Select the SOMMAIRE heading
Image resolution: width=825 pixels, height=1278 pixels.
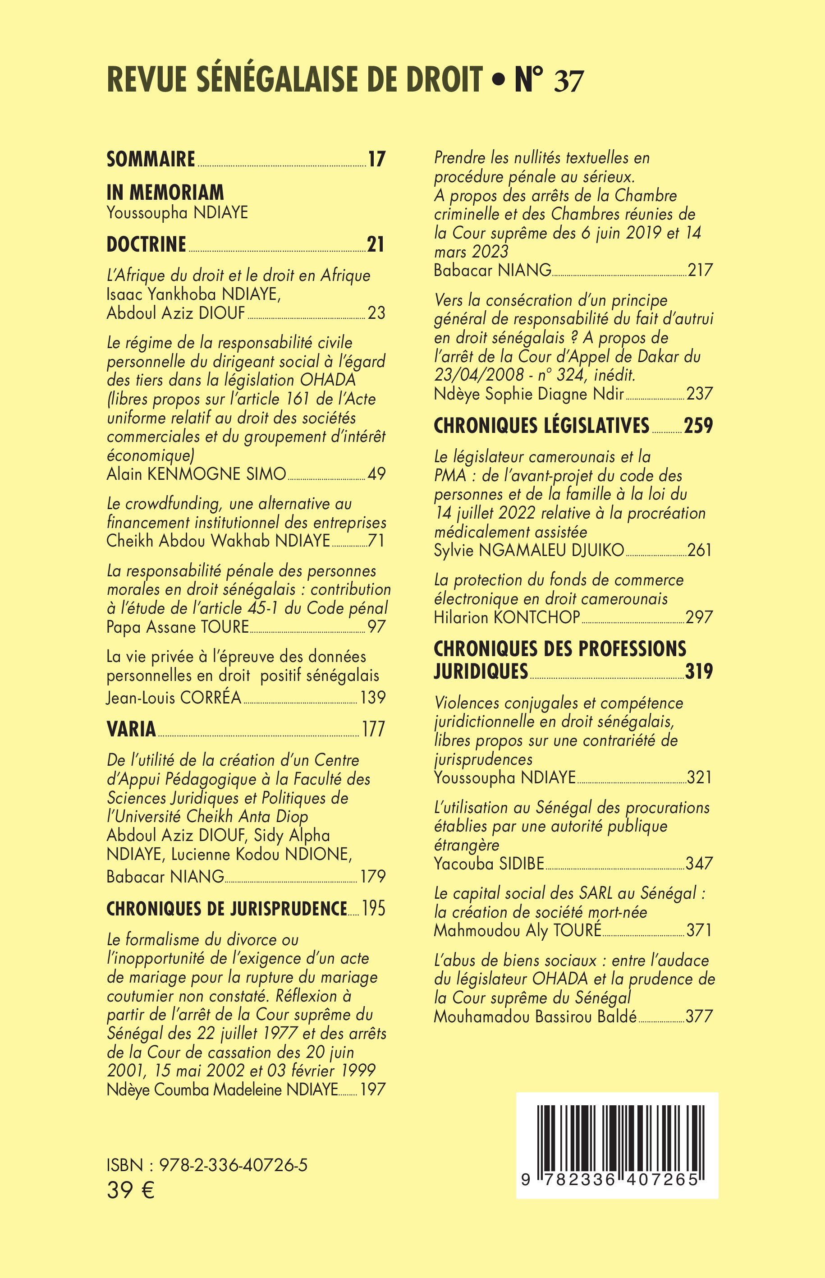coord(151,159)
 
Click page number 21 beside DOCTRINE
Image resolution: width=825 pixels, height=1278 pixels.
coord(376,244)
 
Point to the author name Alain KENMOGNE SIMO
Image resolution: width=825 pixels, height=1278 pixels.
coord(196,474)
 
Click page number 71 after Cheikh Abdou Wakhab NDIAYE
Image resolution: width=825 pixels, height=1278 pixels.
coord(376,541)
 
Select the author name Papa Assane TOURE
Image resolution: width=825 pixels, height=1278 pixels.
coord(178,626)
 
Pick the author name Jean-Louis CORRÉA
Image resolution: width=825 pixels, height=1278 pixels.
coord(174,697)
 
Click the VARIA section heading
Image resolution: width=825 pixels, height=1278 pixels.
coord(131,729)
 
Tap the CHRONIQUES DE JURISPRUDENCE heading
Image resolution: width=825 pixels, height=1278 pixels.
coord(227,908)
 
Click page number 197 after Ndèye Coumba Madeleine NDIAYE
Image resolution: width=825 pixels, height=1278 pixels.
coord(373,1090)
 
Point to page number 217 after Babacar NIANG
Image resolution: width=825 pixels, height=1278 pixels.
coord(700,270)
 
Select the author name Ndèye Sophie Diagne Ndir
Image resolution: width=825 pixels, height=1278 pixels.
coord(529,394)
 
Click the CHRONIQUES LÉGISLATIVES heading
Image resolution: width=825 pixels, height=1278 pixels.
coord(541,425)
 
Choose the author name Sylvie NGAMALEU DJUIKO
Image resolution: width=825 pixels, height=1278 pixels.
coord(529,550)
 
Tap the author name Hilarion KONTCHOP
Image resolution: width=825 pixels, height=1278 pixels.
coord(507,617)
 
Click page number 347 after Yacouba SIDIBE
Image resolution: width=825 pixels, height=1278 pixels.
coord(700,863)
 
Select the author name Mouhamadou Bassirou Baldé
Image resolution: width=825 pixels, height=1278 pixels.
coord(535,1016)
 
